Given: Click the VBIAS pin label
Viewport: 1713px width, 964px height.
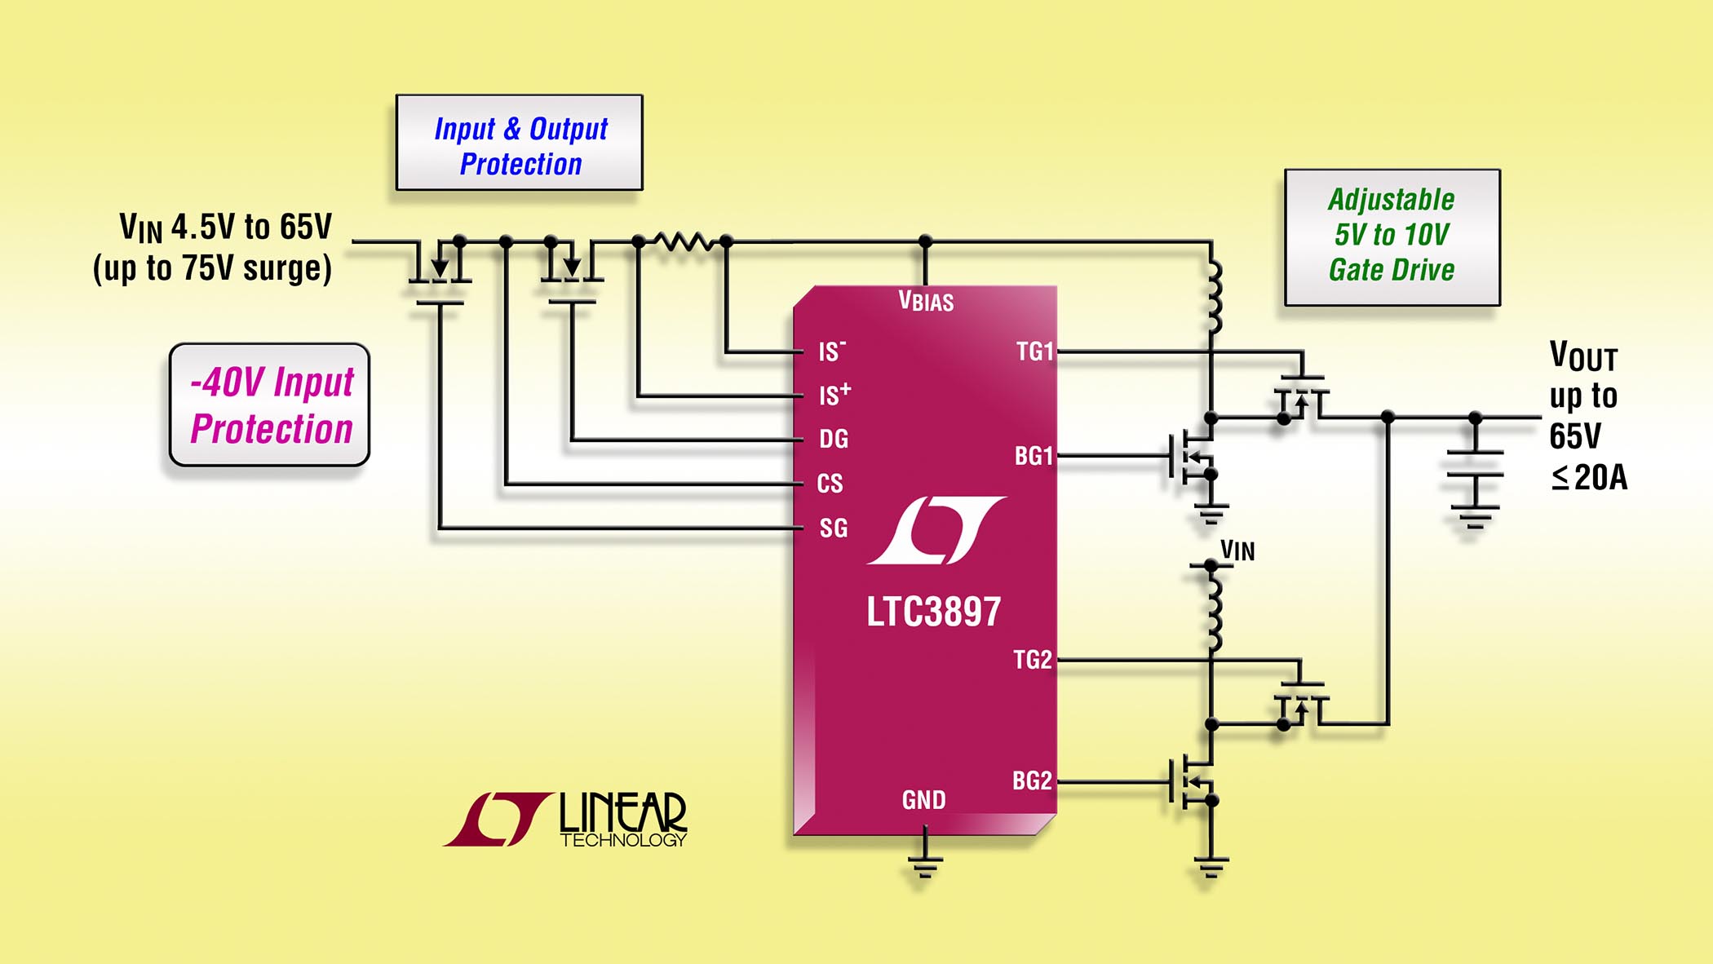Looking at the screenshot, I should pos(926,301).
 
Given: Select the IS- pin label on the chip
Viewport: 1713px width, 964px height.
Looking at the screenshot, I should pos(832,352).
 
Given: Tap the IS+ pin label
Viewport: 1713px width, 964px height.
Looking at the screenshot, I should pos(834,395).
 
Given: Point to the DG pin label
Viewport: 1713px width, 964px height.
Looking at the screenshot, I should pos(834,440).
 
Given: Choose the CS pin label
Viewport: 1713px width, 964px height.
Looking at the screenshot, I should pos(830,484).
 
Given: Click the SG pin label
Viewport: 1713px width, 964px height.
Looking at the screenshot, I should pos(833,528).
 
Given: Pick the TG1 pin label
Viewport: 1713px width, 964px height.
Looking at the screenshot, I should pos(1034,352).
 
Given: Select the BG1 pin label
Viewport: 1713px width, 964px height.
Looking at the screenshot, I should pos(1034,456).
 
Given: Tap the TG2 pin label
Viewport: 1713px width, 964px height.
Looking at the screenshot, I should pos(1033,660).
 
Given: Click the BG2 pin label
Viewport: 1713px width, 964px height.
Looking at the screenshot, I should pos(1032,780).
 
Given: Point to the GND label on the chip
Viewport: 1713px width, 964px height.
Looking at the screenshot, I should pos(923,800).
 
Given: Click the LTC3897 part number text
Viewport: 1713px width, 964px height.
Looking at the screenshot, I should pos(933,612).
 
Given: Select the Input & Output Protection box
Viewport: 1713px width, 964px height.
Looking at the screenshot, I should pos(520,144).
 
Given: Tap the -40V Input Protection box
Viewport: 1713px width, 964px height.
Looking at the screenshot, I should pos(270,405).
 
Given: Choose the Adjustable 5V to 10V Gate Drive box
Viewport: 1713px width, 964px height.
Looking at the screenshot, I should pos(1392,237).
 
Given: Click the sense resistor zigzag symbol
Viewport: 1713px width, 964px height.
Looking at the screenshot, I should pos(684,241).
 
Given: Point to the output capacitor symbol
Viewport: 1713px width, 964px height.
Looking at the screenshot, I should pos(1475,463).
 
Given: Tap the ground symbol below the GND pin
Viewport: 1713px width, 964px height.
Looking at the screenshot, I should pos(924,865).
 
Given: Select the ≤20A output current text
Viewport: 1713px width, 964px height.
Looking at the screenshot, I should pos(1589,478).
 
